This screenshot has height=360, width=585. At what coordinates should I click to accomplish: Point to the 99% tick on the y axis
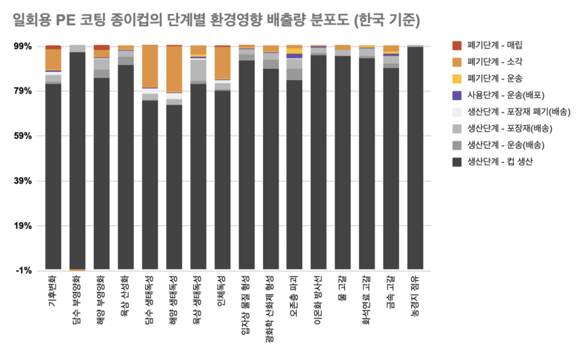(23, 46)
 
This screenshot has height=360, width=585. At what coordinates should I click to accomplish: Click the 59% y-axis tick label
(23, 136)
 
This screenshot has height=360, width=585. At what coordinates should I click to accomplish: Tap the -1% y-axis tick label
(24, 270)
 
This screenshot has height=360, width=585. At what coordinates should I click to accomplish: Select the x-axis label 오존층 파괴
(295, 297)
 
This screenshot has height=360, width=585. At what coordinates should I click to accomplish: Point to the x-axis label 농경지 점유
(415, 297)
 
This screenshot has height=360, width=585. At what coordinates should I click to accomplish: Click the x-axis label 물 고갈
(343, 290)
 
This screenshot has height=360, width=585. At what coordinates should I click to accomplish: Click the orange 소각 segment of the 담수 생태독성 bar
(150, 67)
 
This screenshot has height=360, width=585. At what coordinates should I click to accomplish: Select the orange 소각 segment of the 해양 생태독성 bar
(174, 69)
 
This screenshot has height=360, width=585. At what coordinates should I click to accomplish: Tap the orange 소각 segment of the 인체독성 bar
(222, 63)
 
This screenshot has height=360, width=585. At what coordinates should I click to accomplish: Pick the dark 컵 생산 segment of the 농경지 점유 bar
(415, 159)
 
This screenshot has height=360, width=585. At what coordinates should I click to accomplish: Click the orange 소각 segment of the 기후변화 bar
(53, 59)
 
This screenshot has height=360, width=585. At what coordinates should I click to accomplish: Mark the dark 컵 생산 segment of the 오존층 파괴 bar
(295, 175)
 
